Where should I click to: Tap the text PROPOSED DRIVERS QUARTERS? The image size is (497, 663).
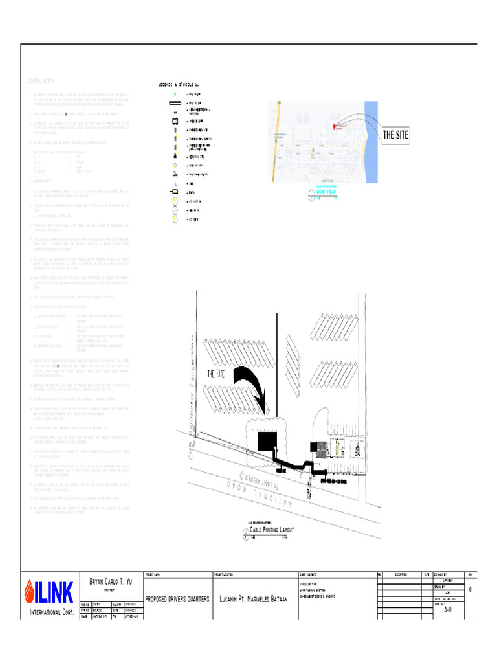coord(177,599)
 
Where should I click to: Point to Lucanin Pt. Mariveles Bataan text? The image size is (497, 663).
coord(253,599)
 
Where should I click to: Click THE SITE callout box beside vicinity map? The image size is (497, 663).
coord(395,135)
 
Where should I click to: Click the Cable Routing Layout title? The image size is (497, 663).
coord(268,530)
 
